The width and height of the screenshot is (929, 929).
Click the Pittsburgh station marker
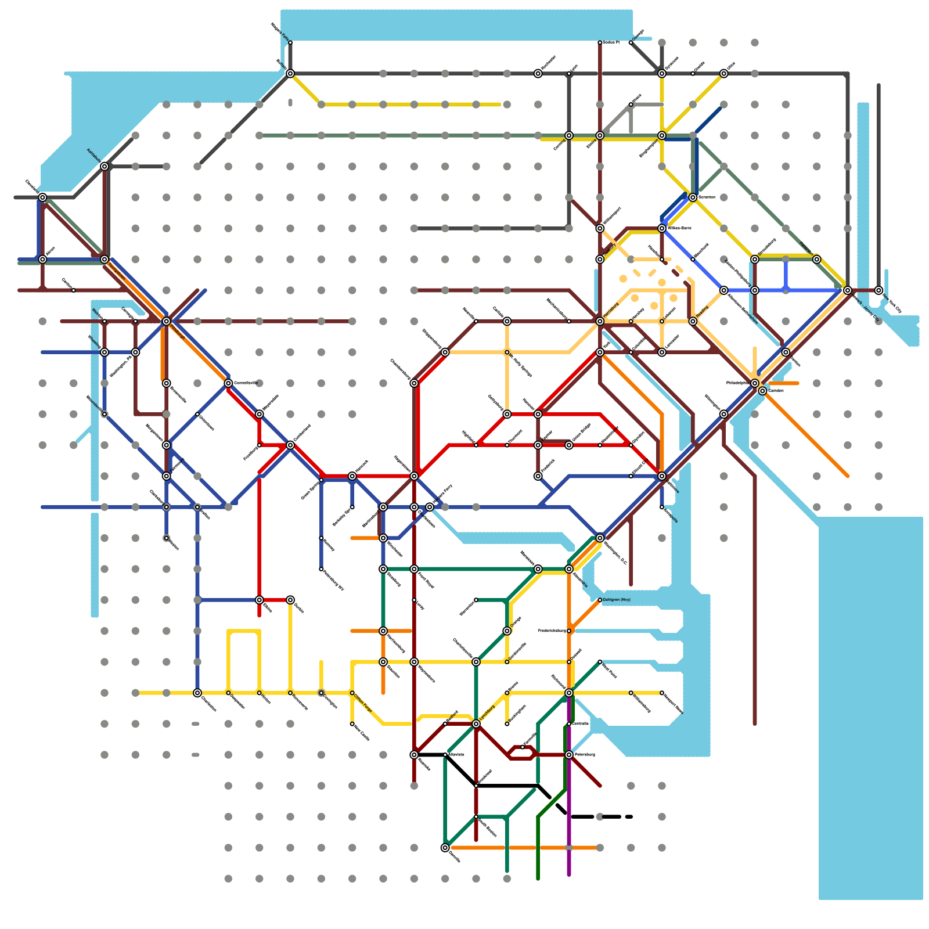pos(167,321)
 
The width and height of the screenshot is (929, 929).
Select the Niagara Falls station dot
pos(290,42)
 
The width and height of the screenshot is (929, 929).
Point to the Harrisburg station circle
pos(600,321)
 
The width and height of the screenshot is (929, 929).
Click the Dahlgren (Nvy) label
pos(617,599)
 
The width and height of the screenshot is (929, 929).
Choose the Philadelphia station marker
pos(755,383)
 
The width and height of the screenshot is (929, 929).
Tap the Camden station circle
pos(762,391)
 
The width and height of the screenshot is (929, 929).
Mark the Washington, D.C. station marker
pos(600,538)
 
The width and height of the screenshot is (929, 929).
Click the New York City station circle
pos(878,290)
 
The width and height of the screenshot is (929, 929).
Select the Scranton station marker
pos(693,197)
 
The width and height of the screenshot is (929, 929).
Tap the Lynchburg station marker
pos(476,724)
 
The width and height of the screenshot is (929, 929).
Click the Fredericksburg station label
pos(552,631)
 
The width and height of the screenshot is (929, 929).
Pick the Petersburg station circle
pos(569,755)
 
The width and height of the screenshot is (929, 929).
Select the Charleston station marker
pos(197,693)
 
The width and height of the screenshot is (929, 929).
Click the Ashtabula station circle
pos(105,167)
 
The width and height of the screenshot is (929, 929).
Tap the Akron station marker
pos(42,260)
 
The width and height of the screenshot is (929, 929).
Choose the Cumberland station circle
pos(290,445)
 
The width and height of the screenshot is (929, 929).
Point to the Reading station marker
pos(693,321)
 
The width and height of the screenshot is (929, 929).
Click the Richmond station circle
pos(569,693)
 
